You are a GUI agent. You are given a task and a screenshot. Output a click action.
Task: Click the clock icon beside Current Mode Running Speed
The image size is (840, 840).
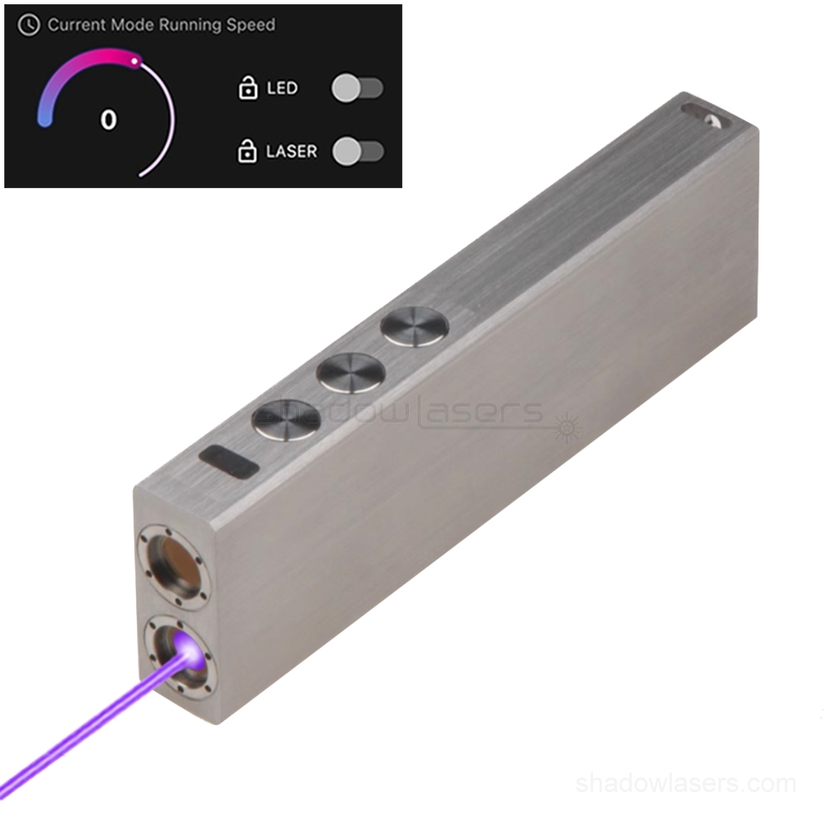click(x=29, y=25)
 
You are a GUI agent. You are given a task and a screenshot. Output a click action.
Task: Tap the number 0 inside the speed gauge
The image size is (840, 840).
click(x=108, y=120)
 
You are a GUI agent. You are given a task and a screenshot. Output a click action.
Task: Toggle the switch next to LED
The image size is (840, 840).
click(x=357, y=87)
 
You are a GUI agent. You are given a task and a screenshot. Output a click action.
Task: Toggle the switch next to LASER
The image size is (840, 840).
click(x=358, y=151)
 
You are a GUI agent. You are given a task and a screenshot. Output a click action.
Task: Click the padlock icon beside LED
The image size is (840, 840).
click(x=248, y=87)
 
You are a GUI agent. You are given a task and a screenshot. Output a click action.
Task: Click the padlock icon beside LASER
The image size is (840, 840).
click(x=247, y=151)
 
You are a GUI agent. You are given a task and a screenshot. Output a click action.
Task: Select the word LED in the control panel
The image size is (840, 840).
click(x=282, y=87)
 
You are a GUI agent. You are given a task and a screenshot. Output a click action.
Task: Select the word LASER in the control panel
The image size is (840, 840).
click(x=291, y=152)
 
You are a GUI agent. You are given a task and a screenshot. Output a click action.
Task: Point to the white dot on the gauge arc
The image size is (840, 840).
click(x=134, y=60)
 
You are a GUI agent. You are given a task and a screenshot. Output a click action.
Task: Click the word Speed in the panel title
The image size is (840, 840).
click(x=250, y=25)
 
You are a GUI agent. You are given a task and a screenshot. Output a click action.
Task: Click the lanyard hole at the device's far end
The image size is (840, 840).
click(x=703, y=113)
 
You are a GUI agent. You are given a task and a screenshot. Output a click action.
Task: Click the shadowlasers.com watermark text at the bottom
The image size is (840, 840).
click(x=685, y=784)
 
